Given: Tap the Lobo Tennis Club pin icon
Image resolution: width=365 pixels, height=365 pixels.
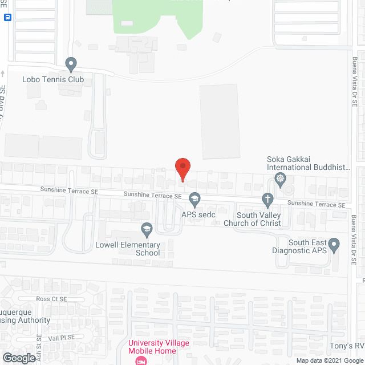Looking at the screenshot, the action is pyautogui.click(x=71, y=64).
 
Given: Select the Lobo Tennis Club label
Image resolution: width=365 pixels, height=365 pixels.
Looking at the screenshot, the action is pyautogui.click(x=53, y=79).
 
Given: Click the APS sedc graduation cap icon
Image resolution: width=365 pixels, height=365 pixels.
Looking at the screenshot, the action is pyautogui.click(x=195, y=199).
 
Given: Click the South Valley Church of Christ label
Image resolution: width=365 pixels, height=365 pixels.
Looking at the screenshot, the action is pyautogui.click(x=259, y=219).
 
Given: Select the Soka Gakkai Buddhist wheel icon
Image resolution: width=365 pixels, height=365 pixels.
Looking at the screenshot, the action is pyautogui.click(x=280, y=180).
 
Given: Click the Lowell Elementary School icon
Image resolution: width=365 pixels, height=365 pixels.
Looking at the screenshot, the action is pyautogui.click(x=147, y=229).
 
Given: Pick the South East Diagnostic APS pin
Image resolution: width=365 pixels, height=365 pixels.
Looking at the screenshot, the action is pyautogui.click(x=335, y=245).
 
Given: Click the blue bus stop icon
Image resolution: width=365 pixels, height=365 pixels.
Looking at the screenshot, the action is pyautogui.click(x=7, y=18).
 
